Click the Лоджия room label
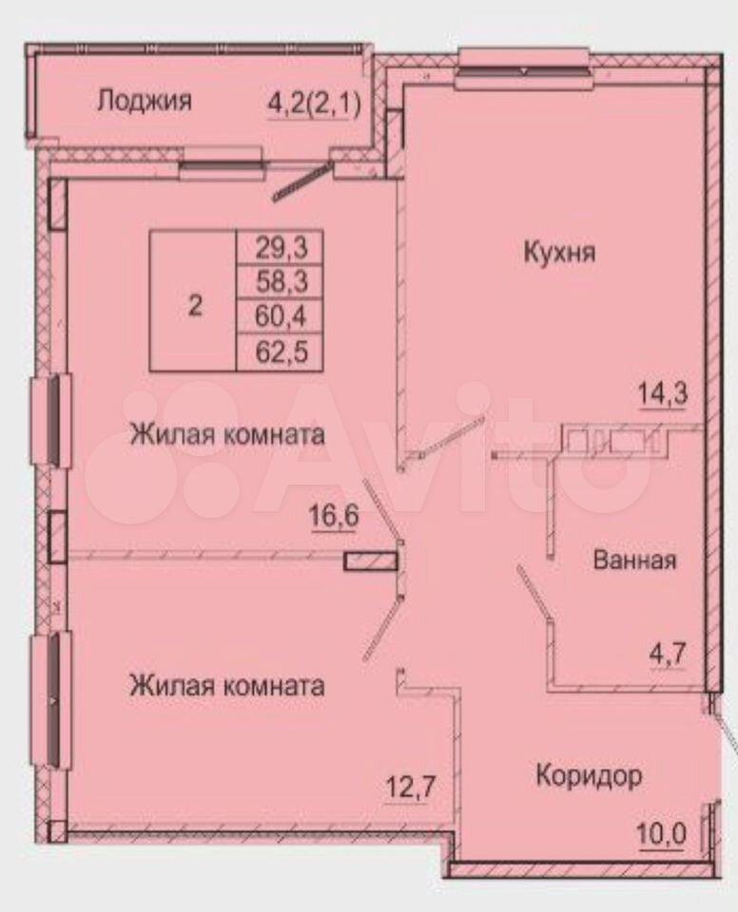(x=144, y=102)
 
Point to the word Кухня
(x=559, y=253)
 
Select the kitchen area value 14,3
(x=664, y=394)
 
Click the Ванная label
(x=634, y=560)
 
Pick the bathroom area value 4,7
(x=669, y=655)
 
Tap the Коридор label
(x=589, y=776)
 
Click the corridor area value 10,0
(x=662, y=835)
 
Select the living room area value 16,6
(x=334, y=516)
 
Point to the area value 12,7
(x=411, y=788)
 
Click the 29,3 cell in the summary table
(x=281, y=248)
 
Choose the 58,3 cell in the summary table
(x=281, y=282)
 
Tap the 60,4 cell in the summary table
(x=281, y=317)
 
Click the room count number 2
(x=195, y=305)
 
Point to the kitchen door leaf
(x=452, y=435)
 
